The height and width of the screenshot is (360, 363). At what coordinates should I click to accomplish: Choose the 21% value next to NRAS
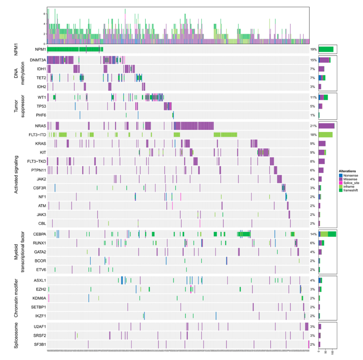313,126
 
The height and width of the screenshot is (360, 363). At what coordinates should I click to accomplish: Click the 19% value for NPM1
313,50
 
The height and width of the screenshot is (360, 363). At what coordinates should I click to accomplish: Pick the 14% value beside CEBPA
313,234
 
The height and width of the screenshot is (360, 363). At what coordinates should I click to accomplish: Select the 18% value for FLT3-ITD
313,135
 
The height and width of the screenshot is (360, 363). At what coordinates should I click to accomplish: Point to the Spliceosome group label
16,335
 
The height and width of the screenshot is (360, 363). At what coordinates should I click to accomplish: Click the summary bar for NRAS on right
326,126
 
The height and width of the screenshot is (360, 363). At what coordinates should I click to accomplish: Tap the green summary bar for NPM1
326,50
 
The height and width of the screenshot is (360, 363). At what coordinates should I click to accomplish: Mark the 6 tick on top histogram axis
44,13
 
